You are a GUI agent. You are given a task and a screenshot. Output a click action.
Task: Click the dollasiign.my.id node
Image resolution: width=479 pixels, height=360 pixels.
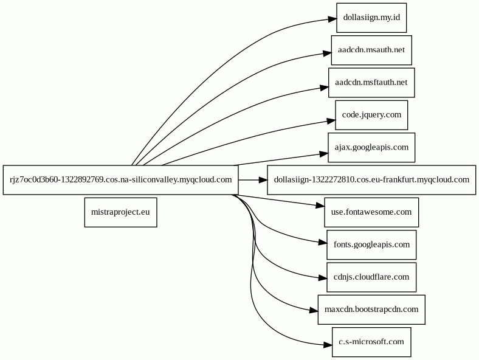pos(371,18)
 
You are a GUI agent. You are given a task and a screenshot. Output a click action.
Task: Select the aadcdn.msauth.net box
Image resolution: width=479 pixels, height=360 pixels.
pos(371,50)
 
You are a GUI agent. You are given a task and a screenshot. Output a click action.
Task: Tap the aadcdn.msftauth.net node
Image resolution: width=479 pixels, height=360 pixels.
pos(371,83)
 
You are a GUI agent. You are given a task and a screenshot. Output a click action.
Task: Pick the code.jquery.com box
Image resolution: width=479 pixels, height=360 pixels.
pos(371,115)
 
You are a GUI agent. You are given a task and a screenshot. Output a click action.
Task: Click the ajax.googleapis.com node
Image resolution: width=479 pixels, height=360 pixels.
pos(371,147)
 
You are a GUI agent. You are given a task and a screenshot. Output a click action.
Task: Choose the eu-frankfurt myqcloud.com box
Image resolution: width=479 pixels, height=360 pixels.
pos(371,179)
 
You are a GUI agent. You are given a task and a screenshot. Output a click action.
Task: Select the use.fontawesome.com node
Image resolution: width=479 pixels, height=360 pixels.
pos(371,212)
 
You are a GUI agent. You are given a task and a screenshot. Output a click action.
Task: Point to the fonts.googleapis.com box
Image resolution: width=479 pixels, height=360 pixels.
pos(371,244)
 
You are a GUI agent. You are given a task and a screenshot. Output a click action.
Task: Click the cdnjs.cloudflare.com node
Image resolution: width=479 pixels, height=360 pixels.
pos(371,277)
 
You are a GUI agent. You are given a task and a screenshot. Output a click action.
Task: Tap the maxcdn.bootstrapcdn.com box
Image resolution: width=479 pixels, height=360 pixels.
pos(371,310)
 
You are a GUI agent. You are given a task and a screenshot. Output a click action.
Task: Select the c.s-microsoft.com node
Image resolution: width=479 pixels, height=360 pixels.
pos(371,342)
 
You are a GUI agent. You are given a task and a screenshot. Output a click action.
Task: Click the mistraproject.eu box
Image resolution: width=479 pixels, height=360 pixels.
pos(121,212)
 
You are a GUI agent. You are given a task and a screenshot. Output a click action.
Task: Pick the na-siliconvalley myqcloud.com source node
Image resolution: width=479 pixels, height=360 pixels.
pos(121,179)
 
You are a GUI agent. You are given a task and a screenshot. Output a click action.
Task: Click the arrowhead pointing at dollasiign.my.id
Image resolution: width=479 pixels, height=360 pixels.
pos(333,19)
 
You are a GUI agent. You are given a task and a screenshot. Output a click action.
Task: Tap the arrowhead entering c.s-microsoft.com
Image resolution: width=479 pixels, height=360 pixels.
pos(328,345)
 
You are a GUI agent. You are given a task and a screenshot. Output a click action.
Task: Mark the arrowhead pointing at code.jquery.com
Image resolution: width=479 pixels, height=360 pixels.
pos(331,121)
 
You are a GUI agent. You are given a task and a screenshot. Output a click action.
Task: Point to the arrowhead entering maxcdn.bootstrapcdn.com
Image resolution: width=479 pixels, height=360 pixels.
pos(314,311)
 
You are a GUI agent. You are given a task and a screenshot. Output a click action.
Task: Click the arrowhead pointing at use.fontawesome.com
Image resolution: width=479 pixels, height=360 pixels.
pos(320,206)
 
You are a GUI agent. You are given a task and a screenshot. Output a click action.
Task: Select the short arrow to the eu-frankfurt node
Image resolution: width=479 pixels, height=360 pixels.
pos(253,180)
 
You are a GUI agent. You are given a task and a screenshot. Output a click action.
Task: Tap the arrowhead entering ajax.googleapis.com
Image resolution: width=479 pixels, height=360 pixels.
pos(324,154)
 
